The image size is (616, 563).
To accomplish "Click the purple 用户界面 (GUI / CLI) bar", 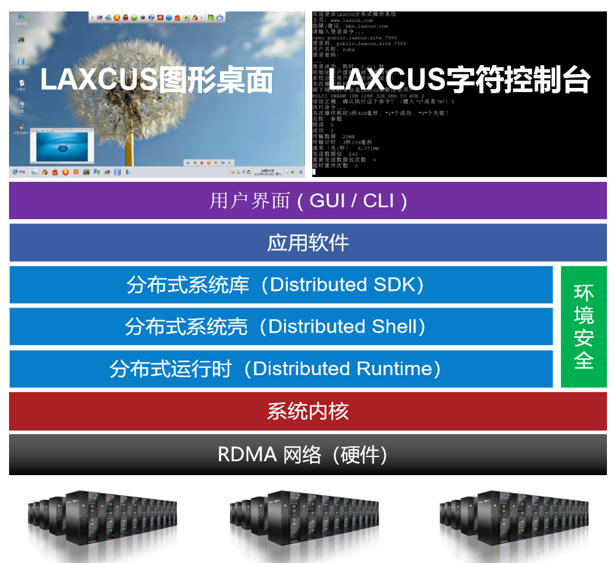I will pos(307,201).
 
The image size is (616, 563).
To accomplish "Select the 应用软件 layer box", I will pos(307,243).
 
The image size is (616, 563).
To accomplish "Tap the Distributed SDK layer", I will pos(281,285).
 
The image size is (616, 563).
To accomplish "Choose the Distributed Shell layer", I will pos(281,326).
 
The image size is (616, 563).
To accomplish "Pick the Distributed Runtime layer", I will pos(281,369).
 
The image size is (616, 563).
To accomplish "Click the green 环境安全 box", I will pos(583,326).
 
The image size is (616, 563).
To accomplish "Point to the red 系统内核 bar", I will pos(307,411).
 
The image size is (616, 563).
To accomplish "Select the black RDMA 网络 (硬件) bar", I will pos(307,454).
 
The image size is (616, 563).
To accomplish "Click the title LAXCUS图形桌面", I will pos(157,80).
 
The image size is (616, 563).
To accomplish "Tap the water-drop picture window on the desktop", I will pos(61,146).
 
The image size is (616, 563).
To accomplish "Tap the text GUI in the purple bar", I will pos(327,201).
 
